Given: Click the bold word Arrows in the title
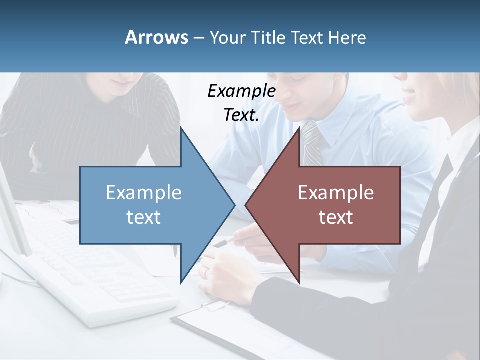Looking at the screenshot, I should pyautogui.click(x=156, y=37).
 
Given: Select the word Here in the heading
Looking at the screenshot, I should pyautogui.click(x=347, y=37).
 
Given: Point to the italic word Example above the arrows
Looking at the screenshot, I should pyautogui.click(x=241, y=91).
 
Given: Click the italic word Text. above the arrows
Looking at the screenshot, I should pyautogui.click(x=241, y=115).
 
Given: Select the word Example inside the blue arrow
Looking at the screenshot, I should pyautogui.click(x=144, y=192).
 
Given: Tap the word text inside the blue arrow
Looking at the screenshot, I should pyautogui.click(x=144, y=217).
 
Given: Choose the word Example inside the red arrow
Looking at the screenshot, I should pyautogui.click(x=336, y=192).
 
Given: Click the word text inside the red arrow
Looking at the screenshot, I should pyautogui.click(x=336, y=217).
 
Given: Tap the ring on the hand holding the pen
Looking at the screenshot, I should pyautogui.click(x=205, y=272).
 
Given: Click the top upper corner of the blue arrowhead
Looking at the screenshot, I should pyautogui.click(x=181, y=128).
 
